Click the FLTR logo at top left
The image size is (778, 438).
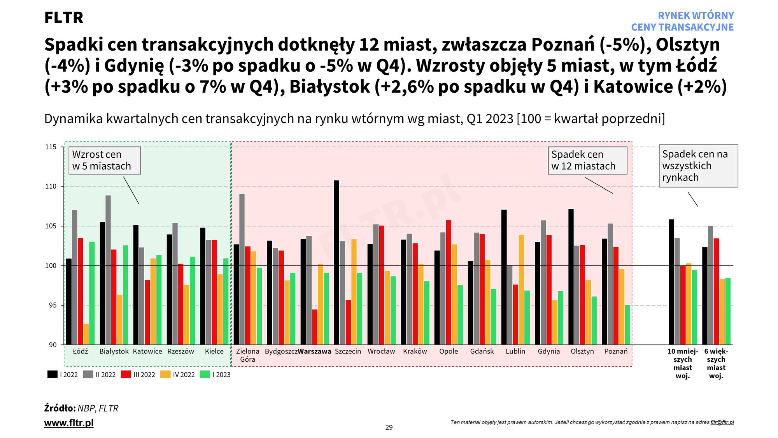click(64, 18)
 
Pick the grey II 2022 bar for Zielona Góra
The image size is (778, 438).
click(242, 269)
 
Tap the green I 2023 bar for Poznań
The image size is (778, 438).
click(627, 325)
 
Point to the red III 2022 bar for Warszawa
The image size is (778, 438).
click(315, 327)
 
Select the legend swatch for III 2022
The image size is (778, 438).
click(126, 375)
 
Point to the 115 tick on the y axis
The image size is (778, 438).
click(51, 147)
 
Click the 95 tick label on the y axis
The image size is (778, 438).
click(53, 305)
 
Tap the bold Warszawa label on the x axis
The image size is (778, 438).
click(314, 351)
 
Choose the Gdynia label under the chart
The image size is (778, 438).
click(548, 351)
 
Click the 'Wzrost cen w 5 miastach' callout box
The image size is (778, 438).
click(105, 160)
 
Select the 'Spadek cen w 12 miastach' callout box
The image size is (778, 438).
click(587, 160)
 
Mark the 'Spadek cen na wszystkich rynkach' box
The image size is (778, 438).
click(698, 166)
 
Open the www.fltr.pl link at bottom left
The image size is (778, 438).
click(69, 423)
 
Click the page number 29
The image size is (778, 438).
click(389, 427)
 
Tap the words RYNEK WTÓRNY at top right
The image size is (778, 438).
click(696, 16)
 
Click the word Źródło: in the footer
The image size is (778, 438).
click(60, 408)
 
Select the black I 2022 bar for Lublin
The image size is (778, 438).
click(504, 277)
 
